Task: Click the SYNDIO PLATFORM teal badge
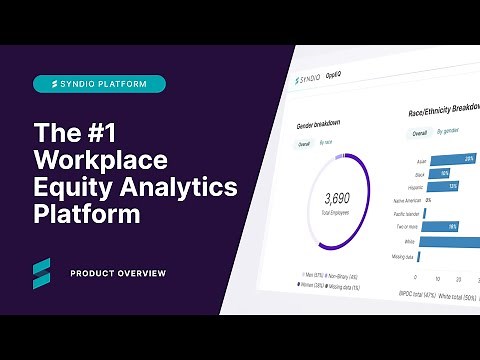(99, 84)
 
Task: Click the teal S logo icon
(43, 272)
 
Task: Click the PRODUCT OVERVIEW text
(118, 273)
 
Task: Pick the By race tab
(327, 144)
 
